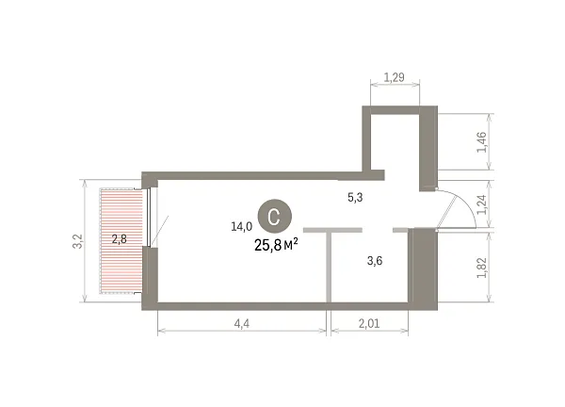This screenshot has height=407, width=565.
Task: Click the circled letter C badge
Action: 274,216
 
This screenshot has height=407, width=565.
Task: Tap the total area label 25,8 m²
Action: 276,245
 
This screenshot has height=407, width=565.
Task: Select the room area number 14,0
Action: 241,227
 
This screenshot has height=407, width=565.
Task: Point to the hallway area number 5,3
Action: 355,197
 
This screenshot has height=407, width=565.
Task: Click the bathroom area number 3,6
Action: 375,261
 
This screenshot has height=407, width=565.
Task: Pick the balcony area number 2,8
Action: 120,238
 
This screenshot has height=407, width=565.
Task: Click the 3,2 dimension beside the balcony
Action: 78,241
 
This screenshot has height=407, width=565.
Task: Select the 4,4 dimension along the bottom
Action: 242,324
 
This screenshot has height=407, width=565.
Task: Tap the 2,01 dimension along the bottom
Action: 369,324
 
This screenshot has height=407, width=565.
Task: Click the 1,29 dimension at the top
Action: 395,77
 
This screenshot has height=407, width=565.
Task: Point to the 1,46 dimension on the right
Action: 482,142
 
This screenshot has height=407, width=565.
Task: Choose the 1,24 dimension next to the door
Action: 482,204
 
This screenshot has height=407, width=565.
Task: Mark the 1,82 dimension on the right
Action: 482,268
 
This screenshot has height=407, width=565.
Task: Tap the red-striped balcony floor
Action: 121,241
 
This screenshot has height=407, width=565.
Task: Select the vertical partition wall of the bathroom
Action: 329,267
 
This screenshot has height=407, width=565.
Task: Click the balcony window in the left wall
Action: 149,217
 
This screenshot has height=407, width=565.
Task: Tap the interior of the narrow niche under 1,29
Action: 395,142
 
